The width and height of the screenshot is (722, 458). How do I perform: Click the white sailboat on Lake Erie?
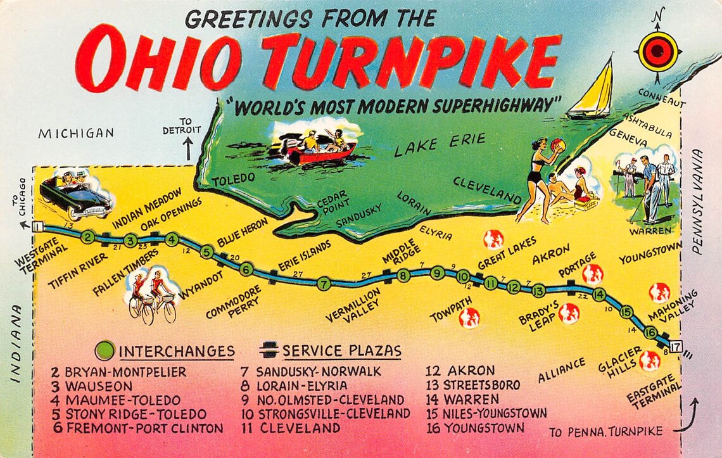point(592,92)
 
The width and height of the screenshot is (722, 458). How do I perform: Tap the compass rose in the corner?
point(658,51)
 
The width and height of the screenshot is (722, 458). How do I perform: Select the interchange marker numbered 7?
point(324,283)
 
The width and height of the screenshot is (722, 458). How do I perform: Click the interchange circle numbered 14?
point(598,294)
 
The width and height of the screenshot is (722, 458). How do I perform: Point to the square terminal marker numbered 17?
point(676,347)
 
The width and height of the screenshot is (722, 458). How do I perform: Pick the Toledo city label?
point(233,180)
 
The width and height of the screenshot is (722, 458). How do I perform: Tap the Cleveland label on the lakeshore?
point(487,190)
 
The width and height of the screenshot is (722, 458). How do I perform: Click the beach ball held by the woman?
point(558,146)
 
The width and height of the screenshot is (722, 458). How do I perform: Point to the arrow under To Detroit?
point(188,149)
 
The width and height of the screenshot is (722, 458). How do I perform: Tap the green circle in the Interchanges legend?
point(105,350)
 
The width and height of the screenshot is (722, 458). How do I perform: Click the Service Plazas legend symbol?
point(269,350)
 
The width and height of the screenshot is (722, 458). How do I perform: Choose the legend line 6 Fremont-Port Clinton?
point(138,428)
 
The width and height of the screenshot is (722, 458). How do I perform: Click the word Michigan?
point(76,133)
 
